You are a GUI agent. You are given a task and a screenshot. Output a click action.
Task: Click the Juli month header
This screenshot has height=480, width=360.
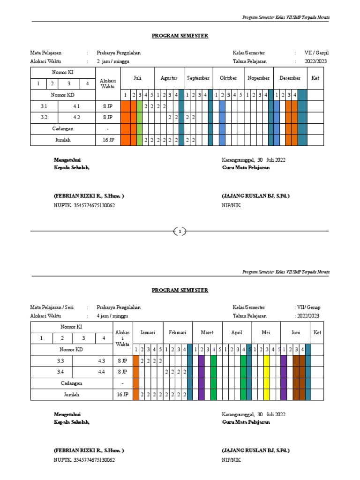[137, 78]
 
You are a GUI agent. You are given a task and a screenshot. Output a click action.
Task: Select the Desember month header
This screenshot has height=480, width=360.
[290, 78]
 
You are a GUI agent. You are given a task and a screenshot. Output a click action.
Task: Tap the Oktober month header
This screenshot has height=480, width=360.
[228, 78]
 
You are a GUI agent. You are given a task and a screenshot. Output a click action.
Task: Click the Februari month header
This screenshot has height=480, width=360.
[178, 333]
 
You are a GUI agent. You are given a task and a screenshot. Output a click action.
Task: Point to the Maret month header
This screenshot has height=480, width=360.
[207, 333]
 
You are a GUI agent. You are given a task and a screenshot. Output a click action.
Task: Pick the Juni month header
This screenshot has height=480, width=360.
[295, 333]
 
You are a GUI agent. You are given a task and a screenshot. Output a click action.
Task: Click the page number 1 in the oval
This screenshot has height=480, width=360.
[180, 231]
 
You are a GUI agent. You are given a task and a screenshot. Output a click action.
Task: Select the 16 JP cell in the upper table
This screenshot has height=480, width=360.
[108, 140]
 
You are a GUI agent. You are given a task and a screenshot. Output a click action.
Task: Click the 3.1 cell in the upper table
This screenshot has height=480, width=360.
[44, 106]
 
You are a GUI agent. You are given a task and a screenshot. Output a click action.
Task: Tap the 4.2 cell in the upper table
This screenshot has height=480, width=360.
[76, 118]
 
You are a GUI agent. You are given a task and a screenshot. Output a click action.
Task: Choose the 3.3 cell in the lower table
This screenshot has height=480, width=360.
[60, 361]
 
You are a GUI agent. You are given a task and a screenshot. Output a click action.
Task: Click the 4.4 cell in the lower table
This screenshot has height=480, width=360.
[102, 372]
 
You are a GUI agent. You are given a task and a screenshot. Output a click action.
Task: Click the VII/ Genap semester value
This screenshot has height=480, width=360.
[308, 307]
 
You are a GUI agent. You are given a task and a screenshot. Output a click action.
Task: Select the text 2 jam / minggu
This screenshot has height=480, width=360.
[113, 61]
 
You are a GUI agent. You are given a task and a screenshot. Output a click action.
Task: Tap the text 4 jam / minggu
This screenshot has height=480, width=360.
[113, 316]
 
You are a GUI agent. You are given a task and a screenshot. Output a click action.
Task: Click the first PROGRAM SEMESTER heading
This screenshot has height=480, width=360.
[180, 36]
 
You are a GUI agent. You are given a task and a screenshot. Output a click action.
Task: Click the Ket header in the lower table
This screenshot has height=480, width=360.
[317, 333]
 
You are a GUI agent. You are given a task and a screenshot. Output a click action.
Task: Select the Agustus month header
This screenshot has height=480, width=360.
[169, 78]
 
